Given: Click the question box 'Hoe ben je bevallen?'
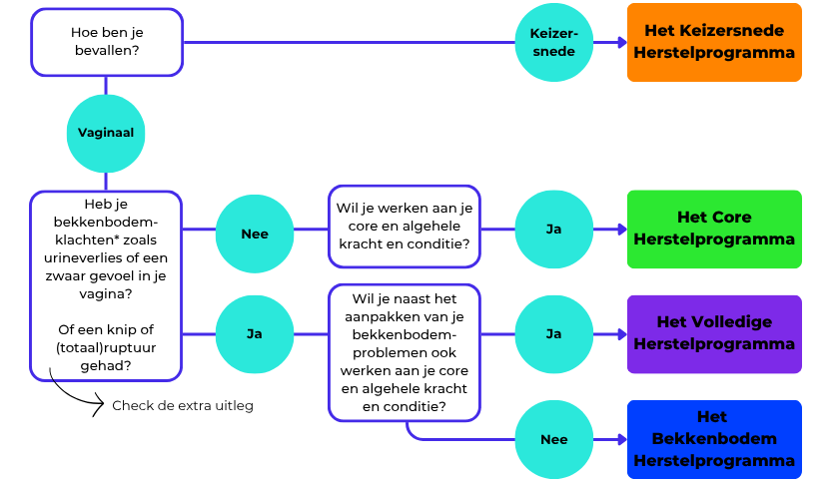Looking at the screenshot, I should [x=106, y=42].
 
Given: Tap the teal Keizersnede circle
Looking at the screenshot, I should [x=552, y=42].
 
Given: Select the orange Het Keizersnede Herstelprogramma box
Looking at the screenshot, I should [x=713, y=42].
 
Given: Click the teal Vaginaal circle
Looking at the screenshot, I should [x=106, y=133].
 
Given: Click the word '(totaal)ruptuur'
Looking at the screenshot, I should [x=106, y=347].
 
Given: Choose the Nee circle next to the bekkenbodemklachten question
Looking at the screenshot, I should [x=255, y=234].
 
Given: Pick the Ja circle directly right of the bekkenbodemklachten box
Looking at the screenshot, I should [x=255, y=333].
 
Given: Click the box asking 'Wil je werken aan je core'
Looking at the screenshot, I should [x=405, y=226].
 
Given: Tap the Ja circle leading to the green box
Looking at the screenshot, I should [x=552, y=229].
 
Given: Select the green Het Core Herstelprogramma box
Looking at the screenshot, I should [x=713, y=229].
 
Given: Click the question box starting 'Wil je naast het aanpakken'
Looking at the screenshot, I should [x=405, y=352].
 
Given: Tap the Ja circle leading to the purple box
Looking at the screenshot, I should [x=552, y=333].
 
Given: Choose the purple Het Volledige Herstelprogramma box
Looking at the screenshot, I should [x=713, y=333].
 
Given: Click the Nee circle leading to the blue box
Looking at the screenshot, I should [x=552, y=439].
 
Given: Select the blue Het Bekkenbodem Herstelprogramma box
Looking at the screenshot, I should [x=713, y=439].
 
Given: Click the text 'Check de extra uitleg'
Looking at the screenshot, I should [x=182, y=405].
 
